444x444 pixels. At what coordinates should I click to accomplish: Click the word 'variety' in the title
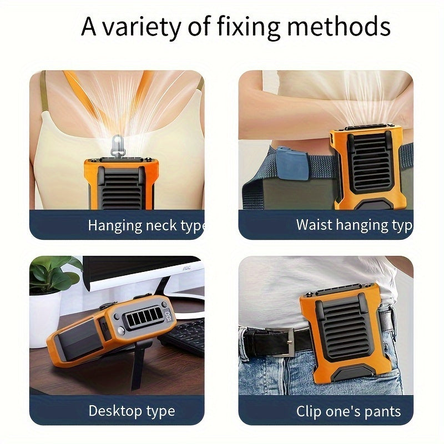(142, 27)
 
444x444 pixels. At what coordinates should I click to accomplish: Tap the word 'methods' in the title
(339, 26)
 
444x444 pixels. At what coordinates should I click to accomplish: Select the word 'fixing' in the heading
(249, 27)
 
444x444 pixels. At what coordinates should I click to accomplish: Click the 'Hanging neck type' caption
(146, 226)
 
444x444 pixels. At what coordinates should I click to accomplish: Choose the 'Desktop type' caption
(132, 411)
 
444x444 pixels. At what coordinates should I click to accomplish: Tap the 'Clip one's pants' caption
(349, 411)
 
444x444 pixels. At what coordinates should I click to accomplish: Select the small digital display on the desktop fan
(167, 315)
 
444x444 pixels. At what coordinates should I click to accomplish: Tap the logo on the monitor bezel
(186, 268)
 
